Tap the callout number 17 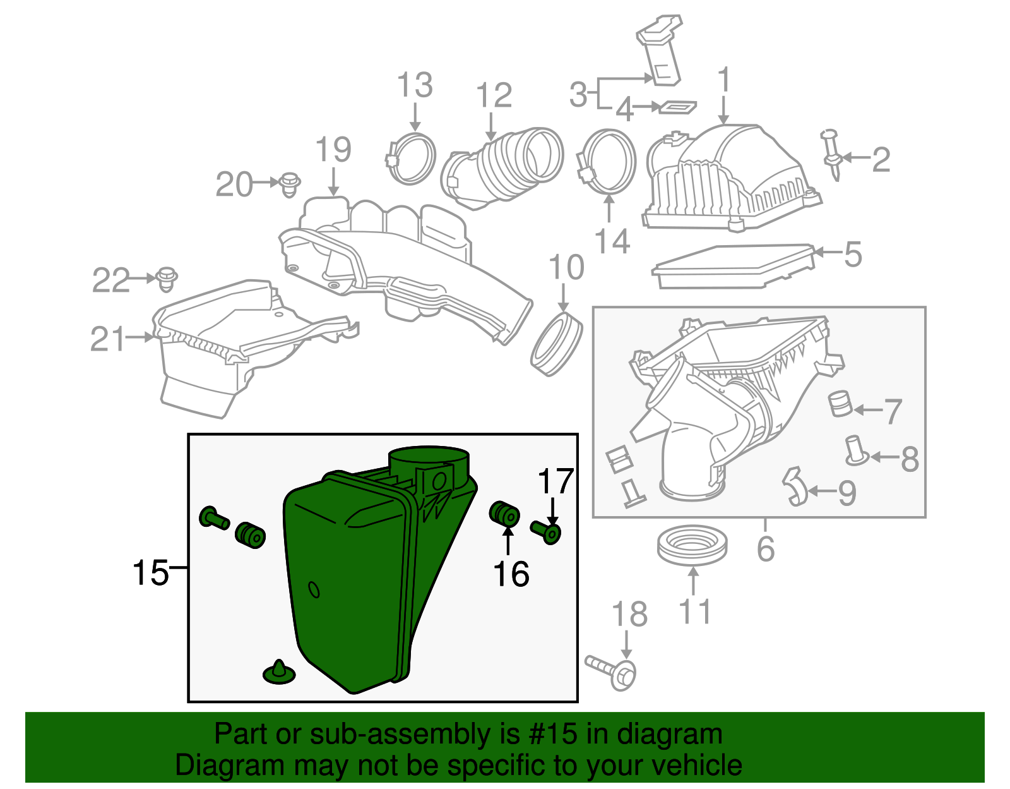click(555, 482)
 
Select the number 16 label click(511, 574)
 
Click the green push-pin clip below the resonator click(278, 673)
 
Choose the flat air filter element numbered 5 click(732, 265)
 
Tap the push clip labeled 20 click(289, 183)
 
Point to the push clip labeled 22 click(167, 279)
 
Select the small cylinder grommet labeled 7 click(840, 404)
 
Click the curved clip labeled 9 click(795, 486)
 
